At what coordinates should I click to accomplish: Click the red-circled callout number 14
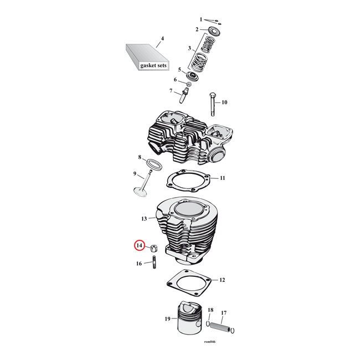(x=140, y=245)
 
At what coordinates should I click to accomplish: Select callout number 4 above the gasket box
(x=162, y=39)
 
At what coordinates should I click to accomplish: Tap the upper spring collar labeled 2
(x=213, y=30)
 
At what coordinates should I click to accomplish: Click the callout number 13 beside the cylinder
(x=144, y=219)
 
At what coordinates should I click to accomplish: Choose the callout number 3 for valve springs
(x=189, y=48)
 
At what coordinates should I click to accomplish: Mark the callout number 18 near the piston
(x=210, y=310)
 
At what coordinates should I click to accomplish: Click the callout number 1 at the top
(x=201, y=19)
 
